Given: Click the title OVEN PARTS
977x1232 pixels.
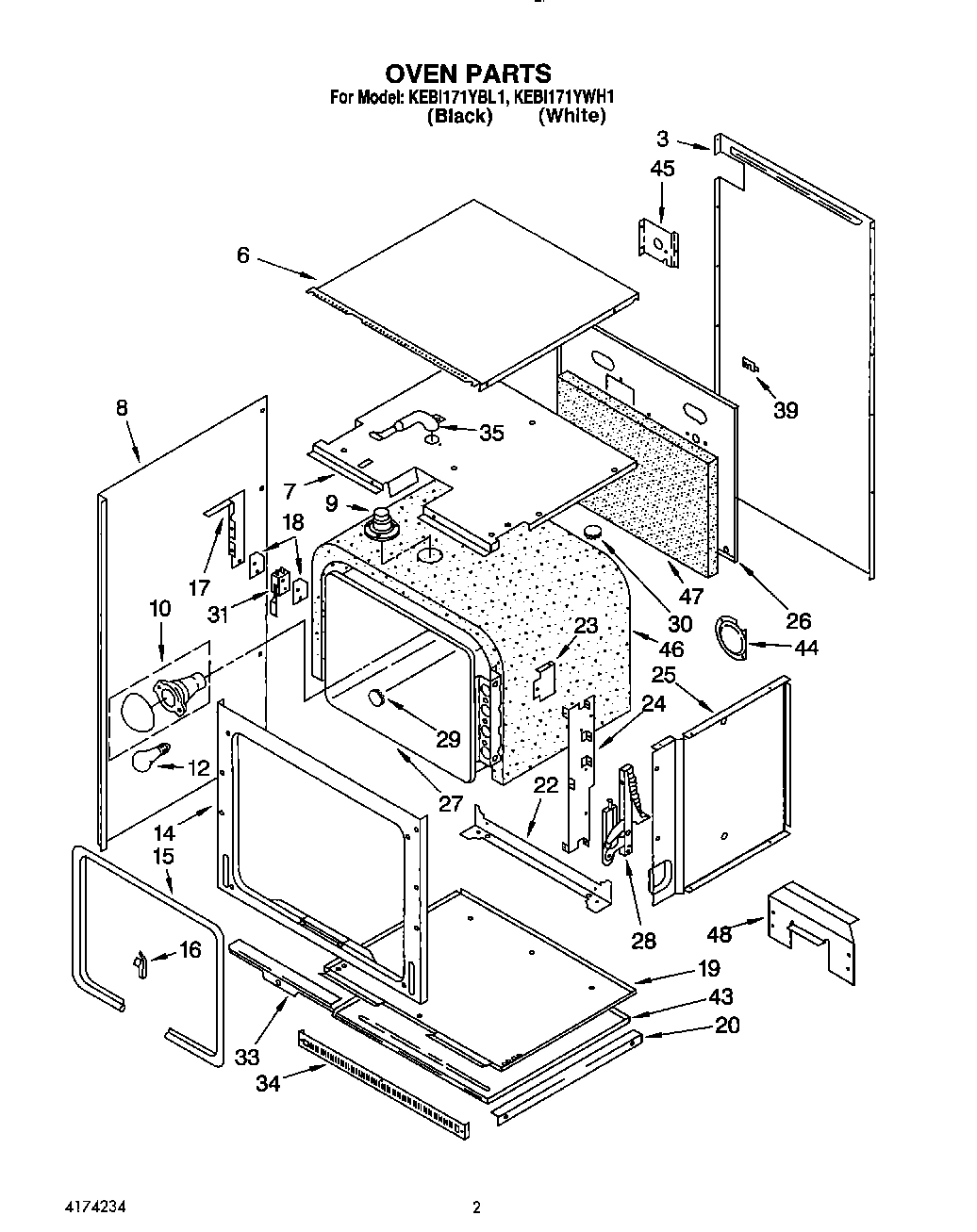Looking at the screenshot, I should (x=469, y=73).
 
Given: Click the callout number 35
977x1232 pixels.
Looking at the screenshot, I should (x=491, y=433).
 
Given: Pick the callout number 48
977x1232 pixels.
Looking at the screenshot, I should (x=719, y=933).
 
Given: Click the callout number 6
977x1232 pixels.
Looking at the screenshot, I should (x=243, y=255).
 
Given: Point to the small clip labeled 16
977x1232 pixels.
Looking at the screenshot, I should (x=140, y=963).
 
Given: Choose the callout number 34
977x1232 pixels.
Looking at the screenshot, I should (x=268, y=1084).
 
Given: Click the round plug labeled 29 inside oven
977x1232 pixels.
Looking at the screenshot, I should (x=375, y=698).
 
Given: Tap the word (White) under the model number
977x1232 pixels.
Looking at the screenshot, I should (x=571, y=116).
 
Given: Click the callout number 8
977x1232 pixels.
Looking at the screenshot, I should (x=123, y=408).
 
